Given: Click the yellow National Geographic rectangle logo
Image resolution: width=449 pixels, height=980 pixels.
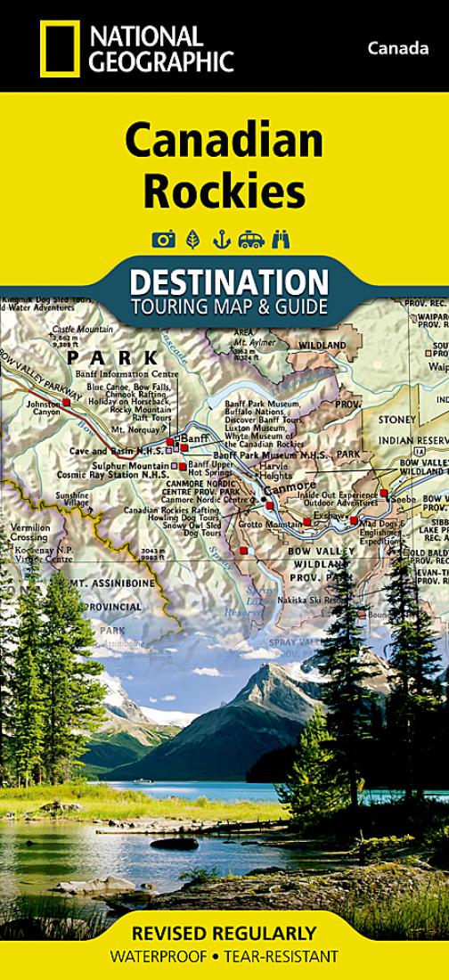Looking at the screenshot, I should pyautogui.click(x=60, y=48).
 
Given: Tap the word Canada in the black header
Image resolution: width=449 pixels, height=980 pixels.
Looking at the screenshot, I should pyautogui.click(x=398, y=48).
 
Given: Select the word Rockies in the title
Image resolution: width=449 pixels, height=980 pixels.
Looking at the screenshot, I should pyautogui.click(x=224, y=190).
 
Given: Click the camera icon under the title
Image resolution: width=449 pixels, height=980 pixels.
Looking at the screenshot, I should pyautogui.click(x=163, y=239).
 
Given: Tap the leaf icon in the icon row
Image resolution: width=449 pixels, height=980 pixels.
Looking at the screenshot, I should pyautogui.click(x=192, y=239).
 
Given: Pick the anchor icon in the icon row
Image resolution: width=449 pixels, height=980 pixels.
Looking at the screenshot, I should pyautogui.click(x=221, y=239).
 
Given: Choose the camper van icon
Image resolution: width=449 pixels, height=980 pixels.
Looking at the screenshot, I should pyautogui.click(x=252, y=239).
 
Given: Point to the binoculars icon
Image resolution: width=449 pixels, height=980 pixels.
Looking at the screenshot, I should pyautogui.click(x=282, y=239).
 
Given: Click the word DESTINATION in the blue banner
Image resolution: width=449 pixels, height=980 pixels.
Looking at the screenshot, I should pyautogui.click(x=228, y=282).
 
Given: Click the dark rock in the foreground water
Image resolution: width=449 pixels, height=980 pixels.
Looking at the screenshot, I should pyautogui.click(x=175, y=843).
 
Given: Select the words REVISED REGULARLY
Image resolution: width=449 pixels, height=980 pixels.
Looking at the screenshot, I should pyautogui.click(x=224, y=934).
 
